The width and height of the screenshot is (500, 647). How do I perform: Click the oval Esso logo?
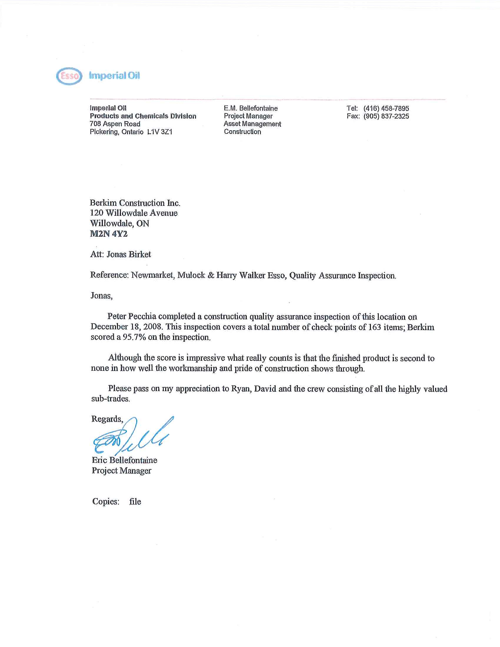click(x=69, y=76)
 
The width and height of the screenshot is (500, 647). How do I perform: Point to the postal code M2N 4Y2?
click(x=109, y=234)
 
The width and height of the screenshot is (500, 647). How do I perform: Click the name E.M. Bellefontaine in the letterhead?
click(x=251, y=108)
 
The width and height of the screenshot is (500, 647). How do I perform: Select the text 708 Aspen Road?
click(x=115, y=124)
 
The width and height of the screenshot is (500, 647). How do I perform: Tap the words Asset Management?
click(x=252, y=124)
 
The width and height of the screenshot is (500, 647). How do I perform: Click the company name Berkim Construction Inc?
click(x=135, y=203)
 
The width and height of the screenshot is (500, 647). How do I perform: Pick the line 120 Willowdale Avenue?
click(x=134, y=213)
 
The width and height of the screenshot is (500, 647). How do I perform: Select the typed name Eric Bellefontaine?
click(x=124, y=460)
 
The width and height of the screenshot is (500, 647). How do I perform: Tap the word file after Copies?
click(x=135, y=501)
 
